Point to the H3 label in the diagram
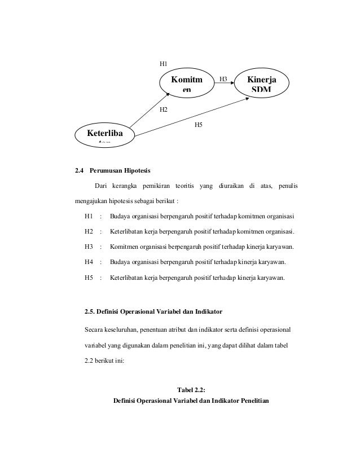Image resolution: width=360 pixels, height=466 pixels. coord(223,80)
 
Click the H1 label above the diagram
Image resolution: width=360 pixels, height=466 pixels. coord(164,64)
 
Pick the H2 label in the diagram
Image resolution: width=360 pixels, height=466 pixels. coord(164,109)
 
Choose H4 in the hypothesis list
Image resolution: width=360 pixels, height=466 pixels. coord(89,262)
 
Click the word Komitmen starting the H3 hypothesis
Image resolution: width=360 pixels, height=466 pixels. coord(126,247)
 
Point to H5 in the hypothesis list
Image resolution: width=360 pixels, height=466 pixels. coord(89,278)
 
